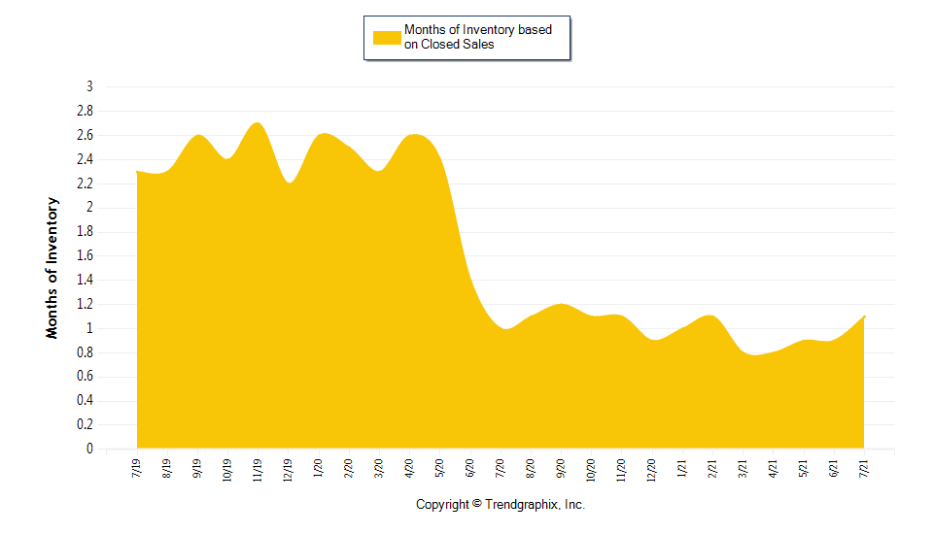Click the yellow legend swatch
[x=387, y=37]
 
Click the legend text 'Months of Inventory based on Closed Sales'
[x=477, y=37]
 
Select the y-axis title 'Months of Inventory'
[x=52, y=268]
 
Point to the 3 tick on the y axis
[x=89, y=86]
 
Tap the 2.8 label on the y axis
[x=85, y=111]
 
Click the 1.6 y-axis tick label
[x=85, y=255]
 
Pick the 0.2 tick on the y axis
[x=85, y=424]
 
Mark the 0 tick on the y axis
[x=89, y=449]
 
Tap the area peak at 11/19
[x=257, y=122]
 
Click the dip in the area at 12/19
[x=289, y=183]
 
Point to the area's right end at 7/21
[x=864, y=317]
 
